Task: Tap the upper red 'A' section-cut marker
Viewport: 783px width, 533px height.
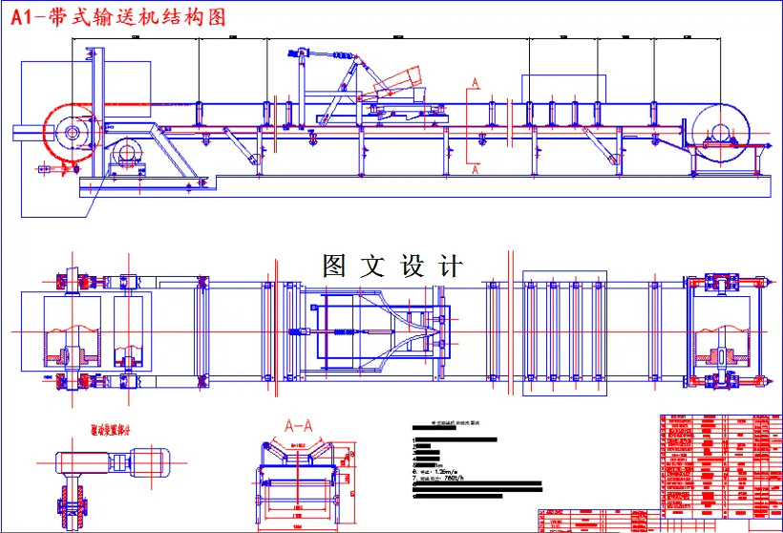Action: point(473,86)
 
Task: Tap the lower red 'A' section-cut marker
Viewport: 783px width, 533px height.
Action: point(473,169)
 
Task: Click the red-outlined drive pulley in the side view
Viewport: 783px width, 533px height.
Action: point(69,131)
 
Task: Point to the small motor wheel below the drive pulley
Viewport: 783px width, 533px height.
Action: point(127,153)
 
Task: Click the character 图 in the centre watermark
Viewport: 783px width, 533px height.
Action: point(334,266)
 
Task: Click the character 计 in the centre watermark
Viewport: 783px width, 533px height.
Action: point(452,266)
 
